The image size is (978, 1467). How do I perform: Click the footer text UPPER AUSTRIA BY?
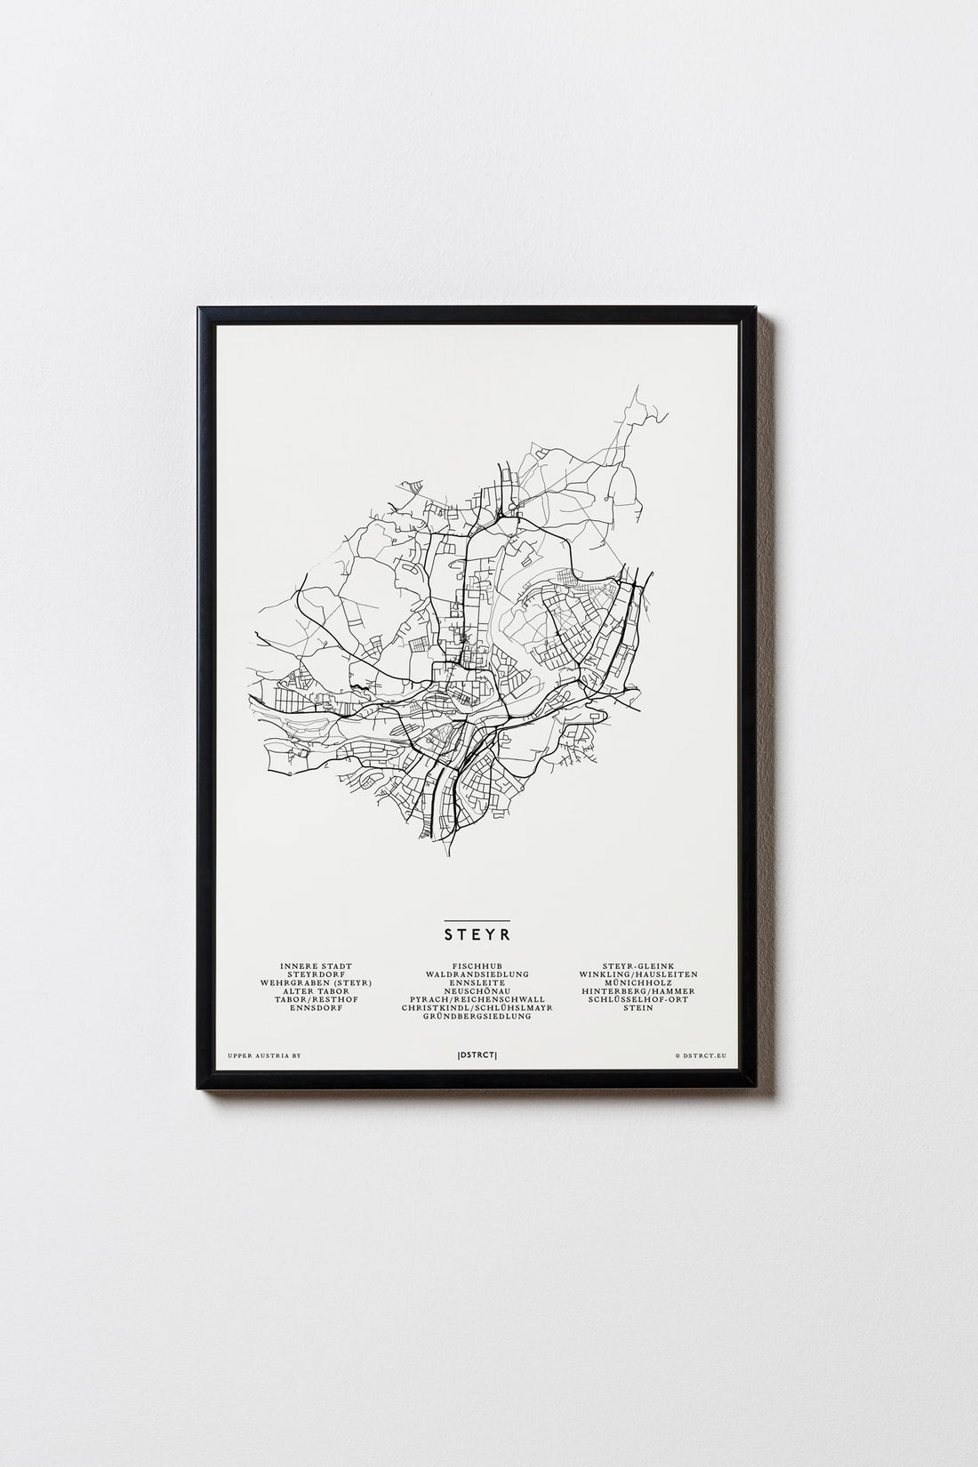tap(265, 1056)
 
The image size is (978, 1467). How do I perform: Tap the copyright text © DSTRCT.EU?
tap(701, 1056)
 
